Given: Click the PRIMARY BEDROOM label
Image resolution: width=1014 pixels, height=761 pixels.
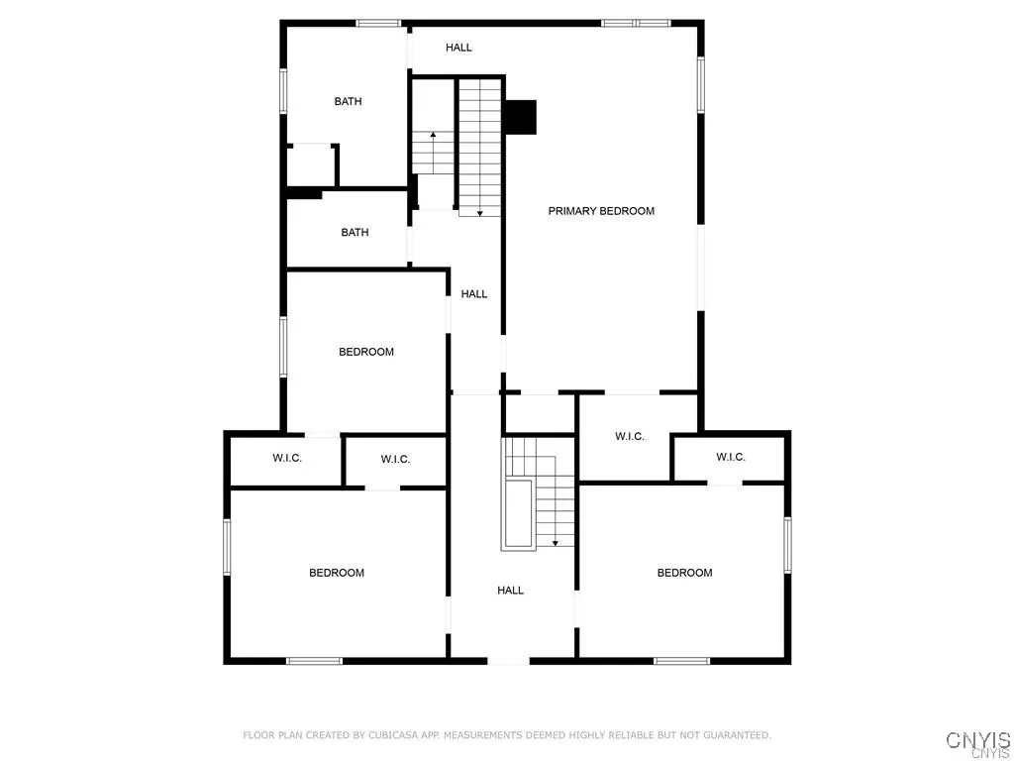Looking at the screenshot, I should pyautogui.click(x=601, y=211).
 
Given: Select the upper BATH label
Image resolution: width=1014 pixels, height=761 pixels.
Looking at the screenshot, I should pyautogui.click(x=348, y=101).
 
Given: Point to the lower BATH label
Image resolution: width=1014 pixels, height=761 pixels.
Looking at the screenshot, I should pyautogui.click(x=355, y=233).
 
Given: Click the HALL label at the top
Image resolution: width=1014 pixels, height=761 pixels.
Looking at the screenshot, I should pyautogui.click(x=458, y=48).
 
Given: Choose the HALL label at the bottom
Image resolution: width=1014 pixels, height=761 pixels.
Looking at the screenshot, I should pyautogui.click(x=510, y=591).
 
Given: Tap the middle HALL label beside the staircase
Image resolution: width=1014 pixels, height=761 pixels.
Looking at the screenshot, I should pyautogui.click(x=474, y=294).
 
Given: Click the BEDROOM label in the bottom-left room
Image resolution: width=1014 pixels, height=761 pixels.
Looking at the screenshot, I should pyautogui.click(x=337, y=573).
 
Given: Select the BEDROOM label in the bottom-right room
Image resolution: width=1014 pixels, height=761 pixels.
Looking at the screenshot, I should pyautogui.click(x=684, y=573).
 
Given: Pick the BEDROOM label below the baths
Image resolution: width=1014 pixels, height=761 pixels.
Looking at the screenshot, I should pyautogui.click(x=366, y=352).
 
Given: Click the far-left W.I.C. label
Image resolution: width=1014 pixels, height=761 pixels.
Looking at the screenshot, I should pyautogui.click(x=287, y=459).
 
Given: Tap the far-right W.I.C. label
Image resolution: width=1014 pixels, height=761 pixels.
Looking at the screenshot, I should pyautogui.click(x=731, y=457).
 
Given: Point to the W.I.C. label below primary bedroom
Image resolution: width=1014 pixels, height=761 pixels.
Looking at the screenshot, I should pyautogui.click(x=630, y=437).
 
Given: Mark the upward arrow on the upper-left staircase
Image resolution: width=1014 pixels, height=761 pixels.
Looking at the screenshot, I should pyautogui.click(x=432, y=136).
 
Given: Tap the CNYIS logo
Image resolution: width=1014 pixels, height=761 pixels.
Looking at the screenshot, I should pyautogui.click(x=977, y=741).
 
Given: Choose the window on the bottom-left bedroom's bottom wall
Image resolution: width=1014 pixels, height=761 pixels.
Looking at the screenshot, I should pyautogui.click(x=314, y=661).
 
